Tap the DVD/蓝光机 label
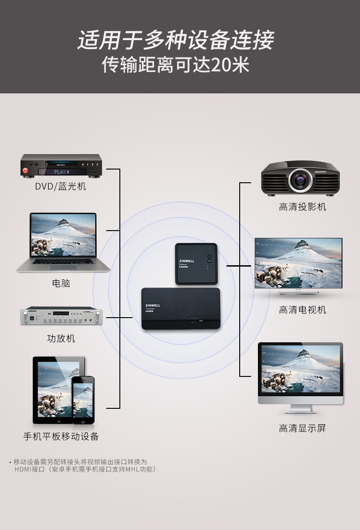tap(61, 187)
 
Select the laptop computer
tap(63, 242)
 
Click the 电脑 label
tap(61, 283)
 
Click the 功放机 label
tap(61, 339)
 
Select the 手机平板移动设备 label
tap(61, 436)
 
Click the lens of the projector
tap(300, 179)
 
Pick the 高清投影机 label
tap(302, 207)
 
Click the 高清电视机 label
tap(302, 310)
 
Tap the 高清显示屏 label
tap(302, 428)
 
